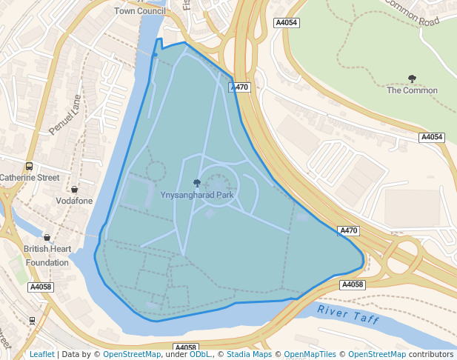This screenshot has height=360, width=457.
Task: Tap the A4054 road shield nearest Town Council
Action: pyautogui.click(x=286, y=23)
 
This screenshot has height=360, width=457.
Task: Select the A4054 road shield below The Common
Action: pyautogui.click(x=432, y=137)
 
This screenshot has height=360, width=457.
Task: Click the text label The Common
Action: pyautogui.click(x=412, y=90)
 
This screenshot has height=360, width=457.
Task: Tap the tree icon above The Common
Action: pyautogui.click(x=412, y=79)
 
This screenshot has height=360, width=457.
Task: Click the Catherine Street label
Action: pyautogui.click(x=30, y=178)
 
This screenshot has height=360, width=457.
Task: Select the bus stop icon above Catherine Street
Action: pyautogui.click(x=29, y=166)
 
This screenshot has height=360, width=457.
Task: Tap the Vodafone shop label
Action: pyautogui.click(x=74, y=201)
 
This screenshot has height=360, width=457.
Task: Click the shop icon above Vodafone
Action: pyautogui.click(x=74, y=190)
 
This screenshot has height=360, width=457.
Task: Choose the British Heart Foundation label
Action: pyautogui.click(x=47, y=256)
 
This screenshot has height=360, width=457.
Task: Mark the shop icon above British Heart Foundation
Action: pyautogui.click(x=47, y=238)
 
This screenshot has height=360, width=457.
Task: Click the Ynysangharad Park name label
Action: pyautogui.click(x=197, y=196)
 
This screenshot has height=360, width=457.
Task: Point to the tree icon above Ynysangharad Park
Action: pyautogui.click(x=197, y=183)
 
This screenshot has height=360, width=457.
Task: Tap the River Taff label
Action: pyautogui.click(x=348, y=316)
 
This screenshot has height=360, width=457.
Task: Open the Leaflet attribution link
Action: pyautogui.click(x=42, y=354)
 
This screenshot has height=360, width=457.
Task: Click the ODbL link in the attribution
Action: pyautogui.click(x=199, y=354)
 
